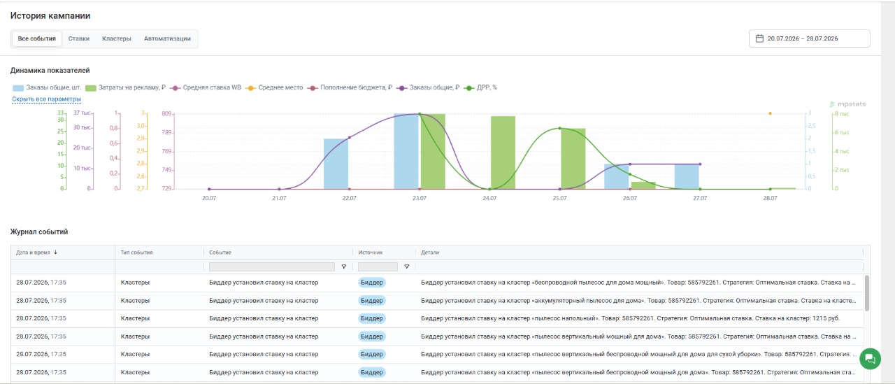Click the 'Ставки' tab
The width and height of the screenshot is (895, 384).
(79, 38)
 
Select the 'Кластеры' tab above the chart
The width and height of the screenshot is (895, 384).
(116, 38)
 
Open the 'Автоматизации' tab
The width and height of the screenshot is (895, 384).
(167, 38)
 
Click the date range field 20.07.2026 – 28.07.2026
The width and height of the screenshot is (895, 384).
(809, 38)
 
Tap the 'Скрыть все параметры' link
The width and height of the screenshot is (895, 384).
(46, 99)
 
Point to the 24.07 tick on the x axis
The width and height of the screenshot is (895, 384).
(489, 198)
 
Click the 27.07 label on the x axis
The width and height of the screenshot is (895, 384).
(700, 198)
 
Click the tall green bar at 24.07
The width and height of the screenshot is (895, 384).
(503, 152)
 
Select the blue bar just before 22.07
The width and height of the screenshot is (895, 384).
(336, 164)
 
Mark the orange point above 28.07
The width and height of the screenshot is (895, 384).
(771, 113)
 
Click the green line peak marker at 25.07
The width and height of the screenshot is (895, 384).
(560, 128)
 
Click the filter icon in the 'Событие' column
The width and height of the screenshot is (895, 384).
(343, 266)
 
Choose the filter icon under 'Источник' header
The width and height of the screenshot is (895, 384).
(406, 266)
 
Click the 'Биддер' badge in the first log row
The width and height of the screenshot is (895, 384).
(371, 283)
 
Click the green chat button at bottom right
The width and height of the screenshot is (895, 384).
(870, 359)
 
